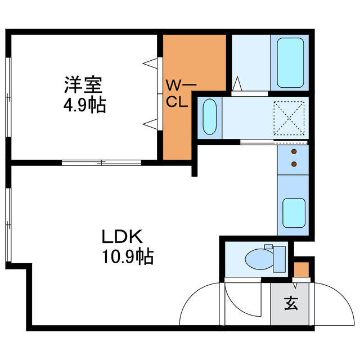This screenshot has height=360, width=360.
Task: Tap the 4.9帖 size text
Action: point(83,105)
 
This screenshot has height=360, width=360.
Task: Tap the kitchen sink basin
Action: point(293,211)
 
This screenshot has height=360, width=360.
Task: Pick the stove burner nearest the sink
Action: point(294,164)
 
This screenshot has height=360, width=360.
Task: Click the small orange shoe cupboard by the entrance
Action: point(301,269)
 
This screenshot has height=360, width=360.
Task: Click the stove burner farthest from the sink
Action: point(294,152)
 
